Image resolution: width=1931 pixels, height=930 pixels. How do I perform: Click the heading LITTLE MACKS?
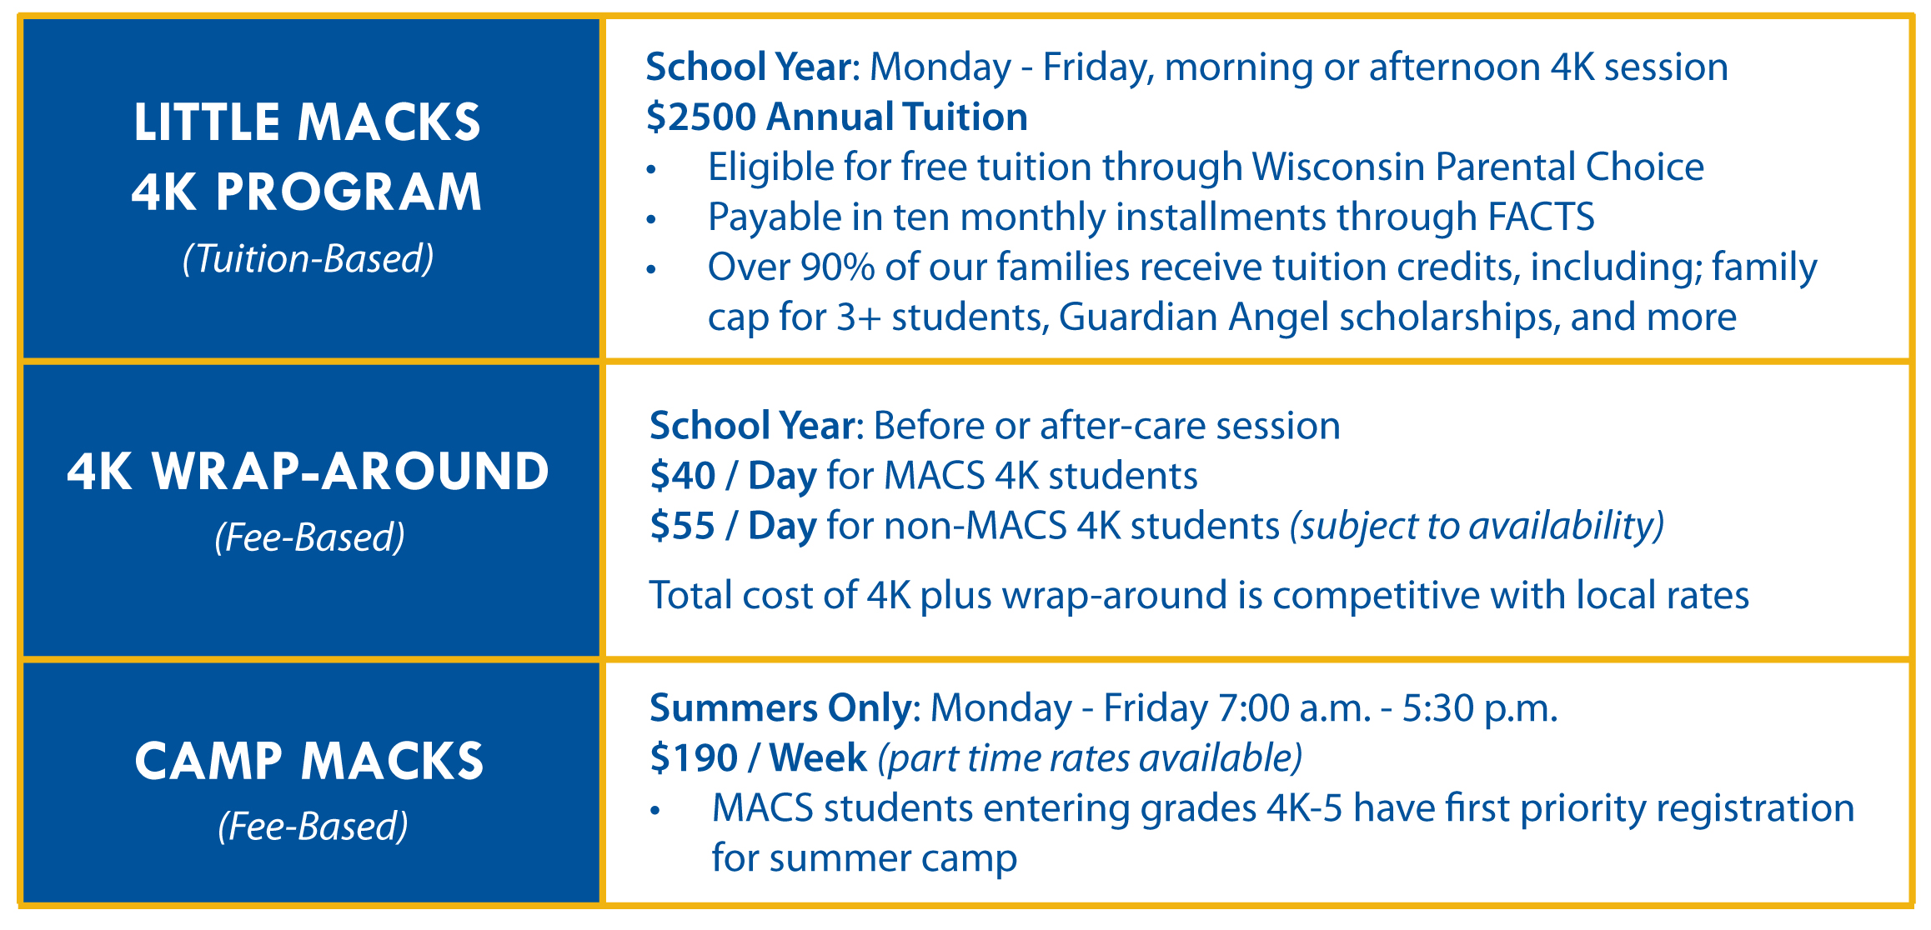click(x=308, y=122)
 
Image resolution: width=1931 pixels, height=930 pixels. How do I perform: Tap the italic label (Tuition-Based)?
click(x=308, y=259)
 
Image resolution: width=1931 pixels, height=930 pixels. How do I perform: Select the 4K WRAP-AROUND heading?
click(x=308, y=472)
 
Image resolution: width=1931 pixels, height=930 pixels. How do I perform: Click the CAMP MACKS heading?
click(x=309, y=761)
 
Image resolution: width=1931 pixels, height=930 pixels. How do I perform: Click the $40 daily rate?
click(x=682, y=476)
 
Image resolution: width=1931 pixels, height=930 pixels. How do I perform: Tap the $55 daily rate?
click(x=682, y=526)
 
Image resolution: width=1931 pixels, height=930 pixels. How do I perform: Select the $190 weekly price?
click(x=694, y=758)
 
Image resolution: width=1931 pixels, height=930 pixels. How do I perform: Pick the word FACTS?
click(x=1541, y=217)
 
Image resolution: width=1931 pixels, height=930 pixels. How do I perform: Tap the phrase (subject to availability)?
click(x=1477, y=526)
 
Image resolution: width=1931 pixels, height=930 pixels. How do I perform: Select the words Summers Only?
click(x=780, y=708)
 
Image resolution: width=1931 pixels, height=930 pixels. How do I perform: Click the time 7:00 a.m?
click(x=1295, y=708)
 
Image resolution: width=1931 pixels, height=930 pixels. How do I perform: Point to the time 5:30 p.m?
click(x=1480, y=708)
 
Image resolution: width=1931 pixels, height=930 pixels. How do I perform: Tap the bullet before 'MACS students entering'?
click(x=655, y=811)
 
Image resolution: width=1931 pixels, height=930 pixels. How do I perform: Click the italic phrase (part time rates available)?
click(x=1090, y=758)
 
